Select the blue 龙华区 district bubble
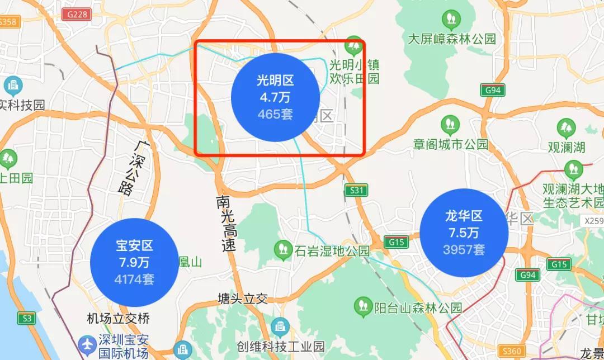(x=464, y=233)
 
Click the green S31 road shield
(x=356, y=191)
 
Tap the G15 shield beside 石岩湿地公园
(x=396, y=242)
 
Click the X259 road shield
(x=593, y=221)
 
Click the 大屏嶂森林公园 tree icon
(x=451, y=20)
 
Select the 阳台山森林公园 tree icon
(x=363, y=305)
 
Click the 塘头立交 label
(x=243, y=299)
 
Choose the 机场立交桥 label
(x=118, y=319)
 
